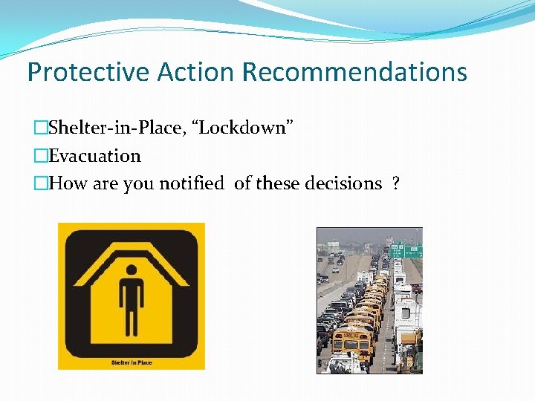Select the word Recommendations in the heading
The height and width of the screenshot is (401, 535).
(x=354, y=72)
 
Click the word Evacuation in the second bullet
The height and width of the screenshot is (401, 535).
(x=94, y=156)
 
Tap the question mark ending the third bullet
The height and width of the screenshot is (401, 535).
(x=395, y=183)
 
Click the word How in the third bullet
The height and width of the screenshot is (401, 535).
(x=67, y=183)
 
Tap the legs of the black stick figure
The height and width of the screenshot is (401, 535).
(x=132, y=327)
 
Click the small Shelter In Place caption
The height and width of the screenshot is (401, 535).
(x=132, y=362)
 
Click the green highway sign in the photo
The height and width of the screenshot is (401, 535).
(x=406, y=251)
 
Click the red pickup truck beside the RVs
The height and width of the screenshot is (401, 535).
(x=416, y=288)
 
